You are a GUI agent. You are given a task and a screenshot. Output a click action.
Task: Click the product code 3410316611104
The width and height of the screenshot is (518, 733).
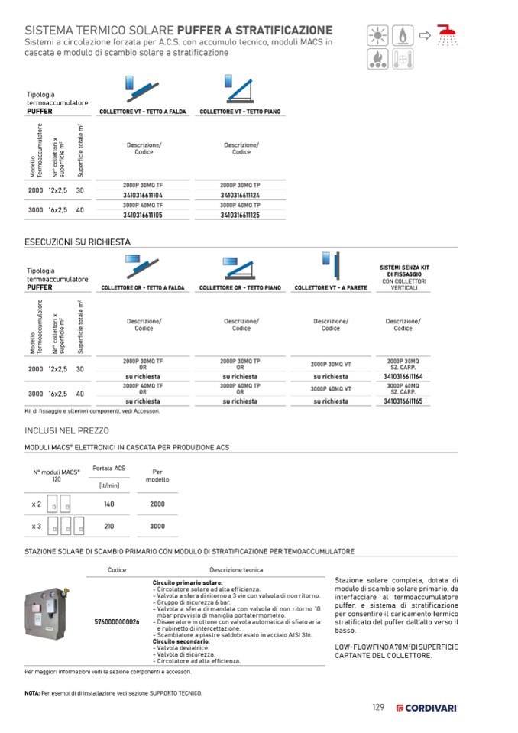coord(143,196)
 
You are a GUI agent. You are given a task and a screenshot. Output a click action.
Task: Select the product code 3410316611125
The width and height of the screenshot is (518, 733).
coord(241,216)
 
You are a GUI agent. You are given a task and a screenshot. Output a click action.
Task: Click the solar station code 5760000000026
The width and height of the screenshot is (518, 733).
coord(116,622)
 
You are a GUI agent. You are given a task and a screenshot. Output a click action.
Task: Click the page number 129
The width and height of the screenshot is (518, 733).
coord(378,708)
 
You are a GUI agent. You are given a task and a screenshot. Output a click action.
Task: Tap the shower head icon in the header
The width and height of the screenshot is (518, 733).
coord(448,36)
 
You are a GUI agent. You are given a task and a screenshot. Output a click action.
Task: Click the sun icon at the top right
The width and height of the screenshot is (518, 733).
coord(377,36)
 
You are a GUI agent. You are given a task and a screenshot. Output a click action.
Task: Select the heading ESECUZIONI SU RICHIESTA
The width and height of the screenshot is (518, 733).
coord(78,242)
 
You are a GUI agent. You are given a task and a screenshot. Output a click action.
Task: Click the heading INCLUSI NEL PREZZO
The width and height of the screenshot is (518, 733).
coord(67,430)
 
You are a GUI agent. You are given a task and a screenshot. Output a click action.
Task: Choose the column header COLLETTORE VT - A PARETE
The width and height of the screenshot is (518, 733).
coord(331,288)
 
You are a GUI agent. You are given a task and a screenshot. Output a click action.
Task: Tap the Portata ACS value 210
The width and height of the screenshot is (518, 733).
coord(108,527)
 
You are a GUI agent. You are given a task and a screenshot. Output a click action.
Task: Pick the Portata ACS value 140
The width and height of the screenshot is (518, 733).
coord(108,504)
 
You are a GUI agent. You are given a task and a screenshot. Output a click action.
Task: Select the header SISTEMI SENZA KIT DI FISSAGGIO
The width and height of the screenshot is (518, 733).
coord(403,270)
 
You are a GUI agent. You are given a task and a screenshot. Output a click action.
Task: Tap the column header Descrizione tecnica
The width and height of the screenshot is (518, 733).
coord(236,570)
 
